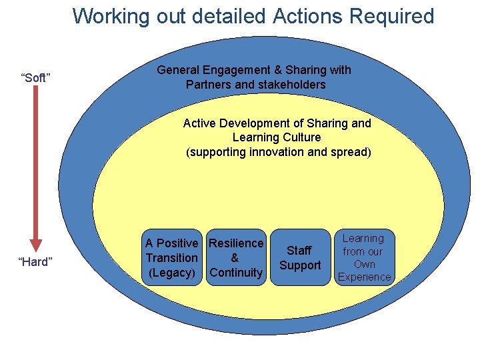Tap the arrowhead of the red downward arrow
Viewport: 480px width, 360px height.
tap(36, 245)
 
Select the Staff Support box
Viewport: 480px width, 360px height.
tap(300, 258)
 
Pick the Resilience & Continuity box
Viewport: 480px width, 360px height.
tap(236, 258)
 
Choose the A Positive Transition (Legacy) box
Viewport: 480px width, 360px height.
tap(172, 258)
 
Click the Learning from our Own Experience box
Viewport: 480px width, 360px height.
tap(365, 257)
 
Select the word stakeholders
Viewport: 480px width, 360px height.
tap(293, 85)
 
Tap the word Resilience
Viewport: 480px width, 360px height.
tap(236, 243)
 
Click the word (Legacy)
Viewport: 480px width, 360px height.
tap(172, 273)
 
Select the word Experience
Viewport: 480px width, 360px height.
tap(365, 277)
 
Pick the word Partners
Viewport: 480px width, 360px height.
tap(208, 85)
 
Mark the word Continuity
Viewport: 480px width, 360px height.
tap(236, 273)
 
